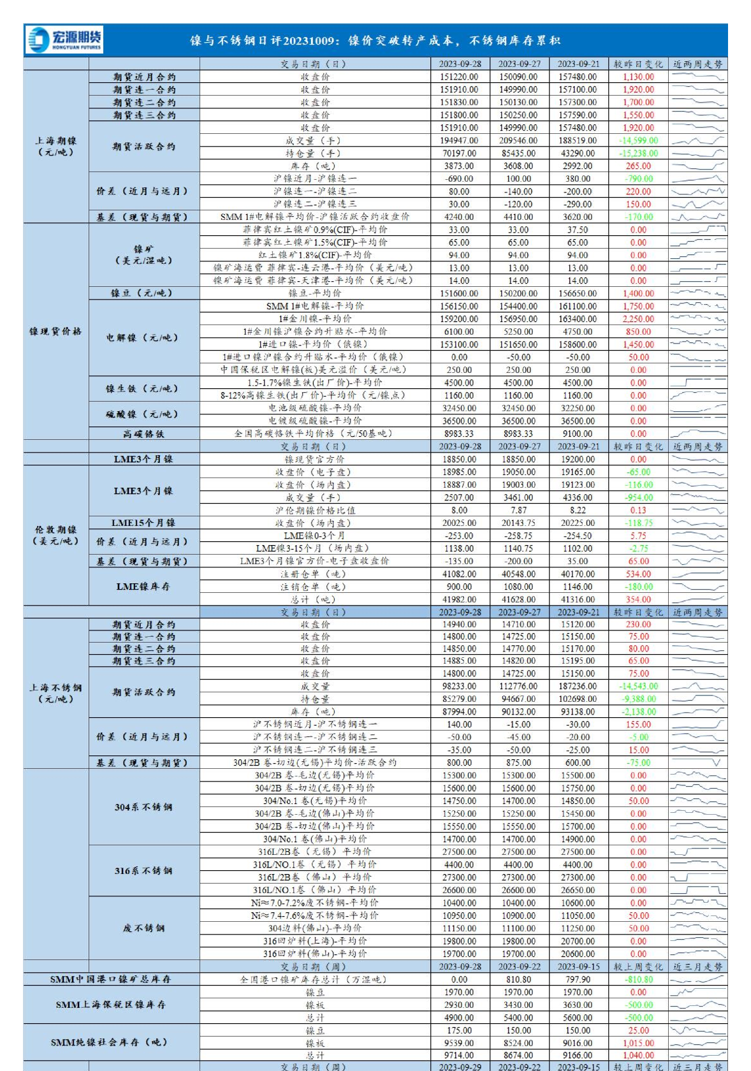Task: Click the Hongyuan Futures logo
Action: pos(64,40)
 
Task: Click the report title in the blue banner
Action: pos(375,41)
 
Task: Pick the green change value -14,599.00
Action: pos(638,140)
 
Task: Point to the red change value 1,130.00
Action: pos(638,76)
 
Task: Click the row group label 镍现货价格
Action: pos(55,331)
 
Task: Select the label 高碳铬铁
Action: pos(143,433)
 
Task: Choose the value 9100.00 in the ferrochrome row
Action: pos(578,433)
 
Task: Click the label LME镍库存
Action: pos(143,586)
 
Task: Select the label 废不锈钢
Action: pos(143,928)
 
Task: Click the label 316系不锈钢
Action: pos(143,871)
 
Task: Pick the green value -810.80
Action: pos(638,979)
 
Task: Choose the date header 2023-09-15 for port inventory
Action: pos(578,966)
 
